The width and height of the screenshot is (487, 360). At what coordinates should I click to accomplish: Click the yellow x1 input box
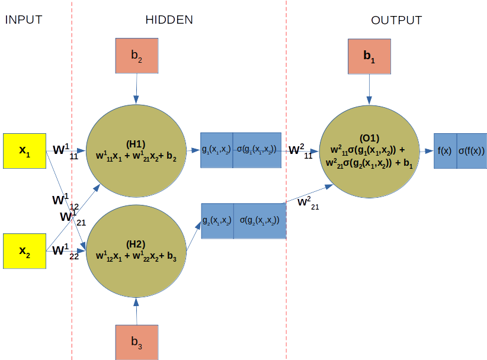pyautogui.click(x=24, y=151)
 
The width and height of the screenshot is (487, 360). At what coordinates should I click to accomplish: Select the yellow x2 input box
pyautogui.click(x=24, y=251)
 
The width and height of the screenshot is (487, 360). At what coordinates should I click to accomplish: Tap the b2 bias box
pyautogui.click(x=137, y=56)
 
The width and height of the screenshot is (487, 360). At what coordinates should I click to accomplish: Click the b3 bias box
pyautogui.click(x=137, y=342)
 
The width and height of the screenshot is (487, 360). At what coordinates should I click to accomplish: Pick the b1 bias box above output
pyautogui.click(x=369, y=56)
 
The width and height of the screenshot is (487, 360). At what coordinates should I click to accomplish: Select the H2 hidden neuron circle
pyautogui.click(x=136, y=250)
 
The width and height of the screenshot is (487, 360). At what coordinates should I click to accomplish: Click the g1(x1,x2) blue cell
pyautogui.click(x=216, y=150)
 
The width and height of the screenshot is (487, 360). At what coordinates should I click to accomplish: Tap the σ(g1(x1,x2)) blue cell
pyautogui.click(x=257, y=150)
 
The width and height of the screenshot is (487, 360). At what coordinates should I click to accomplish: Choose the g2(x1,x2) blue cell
pyautogui.click(x=217, y=221)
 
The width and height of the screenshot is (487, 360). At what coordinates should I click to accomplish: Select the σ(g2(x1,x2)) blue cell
pyautogui.click(x=259, y=221)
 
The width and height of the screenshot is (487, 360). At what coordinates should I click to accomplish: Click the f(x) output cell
pyautogui.click(x=445, y=151)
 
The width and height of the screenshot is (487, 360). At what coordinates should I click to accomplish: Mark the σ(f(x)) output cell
pyautogui.click(x=472, y=151)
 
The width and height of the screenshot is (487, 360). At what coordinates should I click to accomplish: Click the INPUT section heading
pyautogui.click(x=24, y=20)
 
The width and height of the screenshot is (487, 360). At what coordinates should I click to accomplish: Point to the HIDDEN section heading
pyautogui.click(x=169, y=20)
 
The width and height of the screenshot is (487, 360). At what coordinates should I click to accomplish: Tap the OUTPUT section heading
pyautogui.click(x=396, y=20)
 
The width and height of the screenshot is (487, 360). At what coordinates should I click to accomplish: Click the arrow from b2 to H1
pyautogui.click(x=137, y=89)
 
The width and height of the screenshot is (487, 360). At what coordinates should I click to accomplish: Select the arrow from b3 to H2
pyautogui.click(x=137, y=310)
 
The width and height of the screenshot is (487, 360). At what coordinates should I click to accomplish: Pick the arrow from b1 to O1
pyautogui.click(x=369, y=89)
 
